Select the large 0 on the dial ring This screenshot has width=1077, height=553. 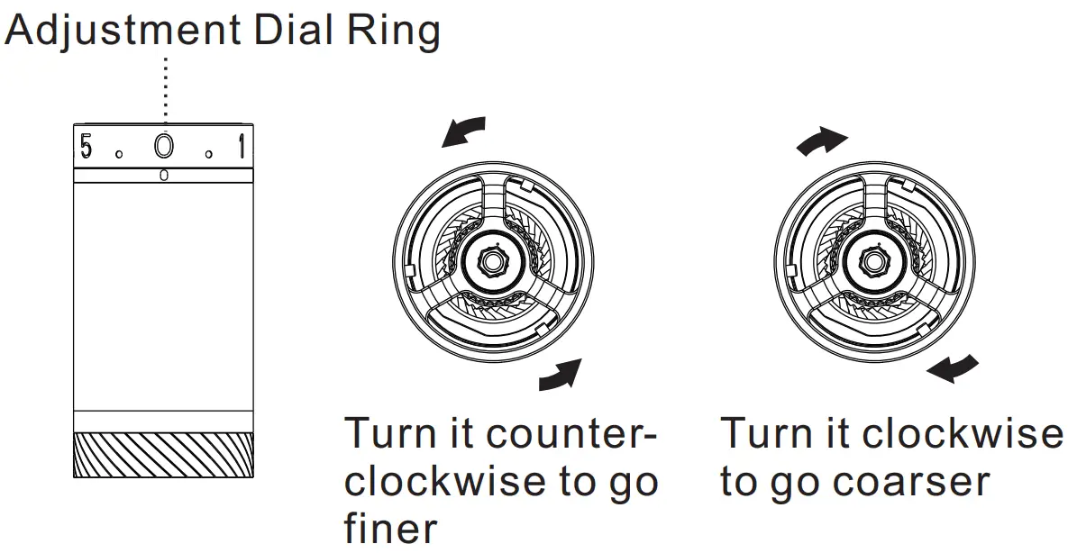163,147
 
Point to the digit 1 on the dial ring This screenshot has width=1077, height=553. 241,147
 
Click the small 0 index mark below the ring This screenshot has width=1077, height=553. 163,175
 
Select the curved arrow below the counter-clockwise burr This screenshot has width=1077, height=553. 560,375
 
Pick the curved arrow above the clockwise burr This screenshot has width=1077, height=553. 822,140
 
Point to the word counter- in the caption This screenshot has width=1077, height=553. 578,435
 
